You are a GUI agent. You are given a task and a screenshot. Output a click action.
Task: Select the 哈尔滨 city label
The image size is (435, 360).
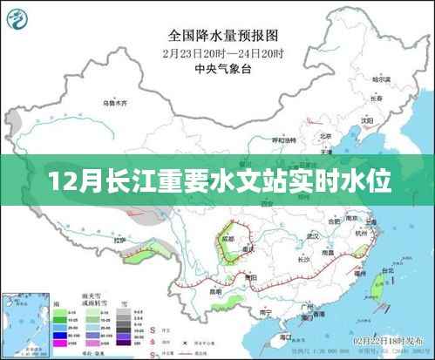[x=377, y=80]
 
